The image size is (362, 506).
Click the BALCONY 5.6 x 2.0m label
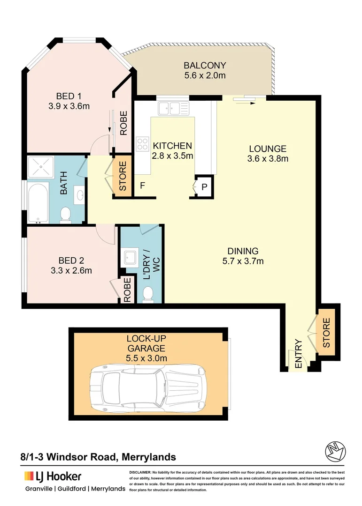click(x=205, y=70)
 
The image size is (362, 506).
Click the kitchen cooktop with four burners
click(x=142, y=143)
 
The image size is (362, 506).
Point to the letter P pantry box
click(x=205, y=186)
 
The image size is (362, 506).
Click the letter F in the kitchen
click(x=142, y=186)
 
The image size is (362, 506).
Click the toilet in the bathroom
click(x=65, y=214)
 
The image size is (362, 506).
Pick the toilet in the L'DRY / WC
click(x=147, y=294)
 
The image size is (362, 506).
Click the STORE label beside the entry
click(x=326, y=333)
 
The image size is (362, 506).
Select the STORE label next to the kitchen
click(x=123, y=176)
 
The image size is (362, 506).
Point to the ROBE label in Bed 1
click(x=123, y=123)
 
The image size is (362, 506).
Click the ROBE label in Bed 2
click(x=126, y=290)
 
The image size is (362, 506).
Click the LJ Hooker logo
click(x=53, y=476)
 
